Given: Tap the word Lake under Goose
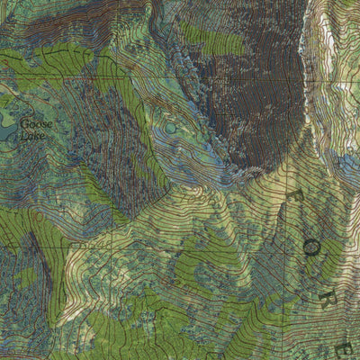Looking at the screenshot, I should pyautogui.click(x=32, y=135).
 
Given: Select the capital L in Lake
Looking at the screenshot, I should pyautogui.click(x=23, y=135).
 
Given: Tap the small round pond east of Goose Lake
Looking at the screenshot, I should pyautogui.click(x=170, y=129).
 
